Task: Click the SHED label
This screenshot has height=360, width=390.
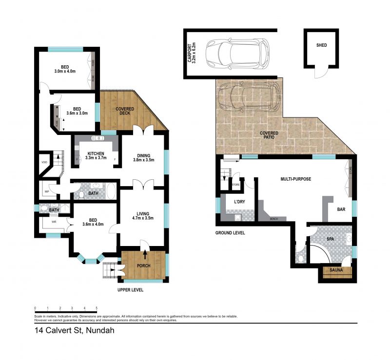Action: pyautogui.click(x=321, y=45)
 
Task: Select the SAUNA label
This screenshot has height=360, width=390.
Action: pyautogui.click(x=336, y=270)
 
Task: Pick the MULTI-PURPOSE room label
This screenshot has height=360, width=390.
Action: pyautogui.click(x=295, y=179)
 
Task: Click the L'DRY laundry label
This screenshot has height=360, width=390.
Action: pyautogui.click(x=239, y=201)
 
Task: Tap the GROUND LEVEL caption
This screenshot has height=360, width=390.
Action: pyautogui.click(x=230, y=233)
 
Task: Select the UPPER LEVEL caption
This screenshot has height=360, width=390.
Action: pyautogui.click(x=131, y=290)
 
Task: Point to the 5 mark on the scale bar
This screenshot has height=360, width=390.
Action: pyautogui.click(x=97, y=308)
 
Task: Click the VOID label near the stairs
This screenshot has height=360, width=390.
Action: pyautogui.click(x=44, y=163)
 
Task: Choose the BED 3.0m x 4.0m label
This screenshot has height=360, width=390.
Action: pyautogui.click(x=65, y=69)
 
